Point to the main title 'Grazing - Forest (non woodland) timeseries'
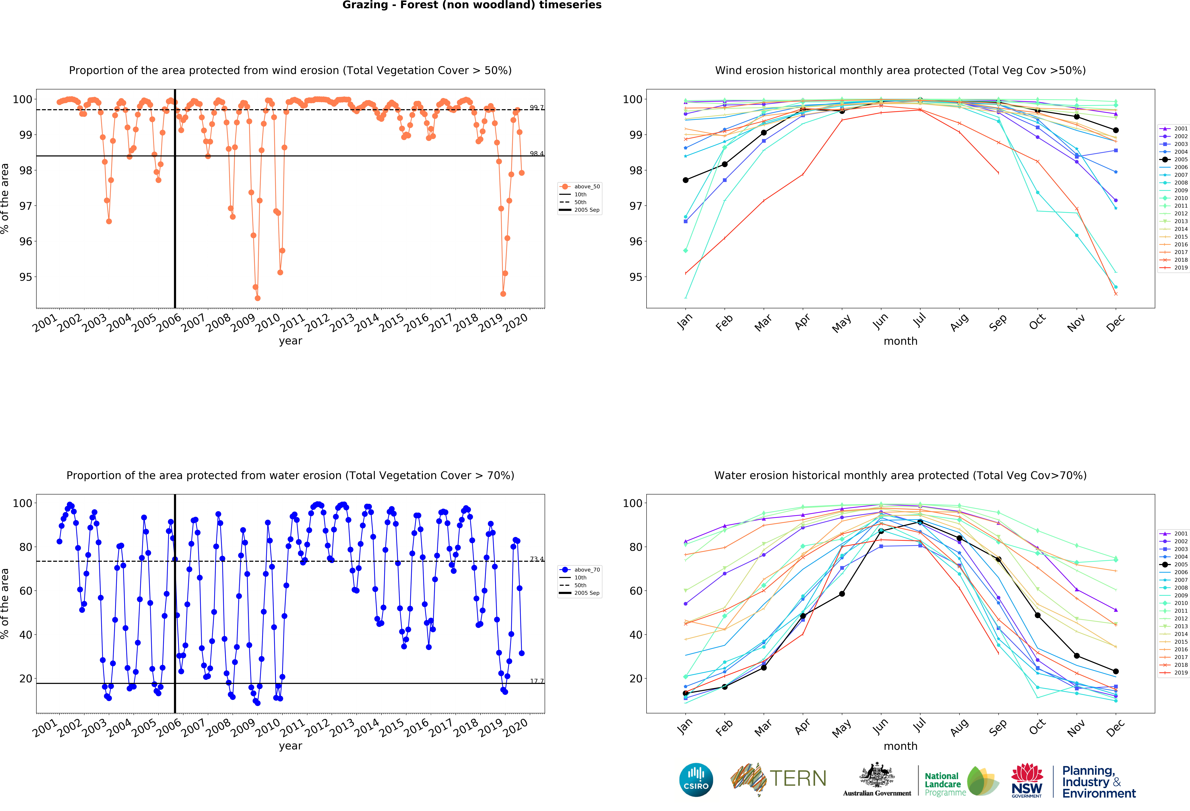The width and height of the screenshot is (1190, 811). (x=472, y=5)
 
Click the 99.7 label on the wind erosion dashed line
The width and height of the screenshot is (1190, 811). (x=537, y=108)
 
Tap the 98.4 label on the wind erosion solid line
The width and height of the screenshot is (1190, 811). (x=537, y=154)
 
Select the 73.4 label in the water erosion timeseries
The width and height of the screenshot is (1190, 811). (x=537, y=559)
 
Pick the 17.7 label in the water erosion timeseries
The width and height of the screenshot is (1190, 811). (x=537, y=681)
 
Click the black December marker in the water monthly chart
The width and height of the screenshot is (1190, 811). (x=1116, y=671)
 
